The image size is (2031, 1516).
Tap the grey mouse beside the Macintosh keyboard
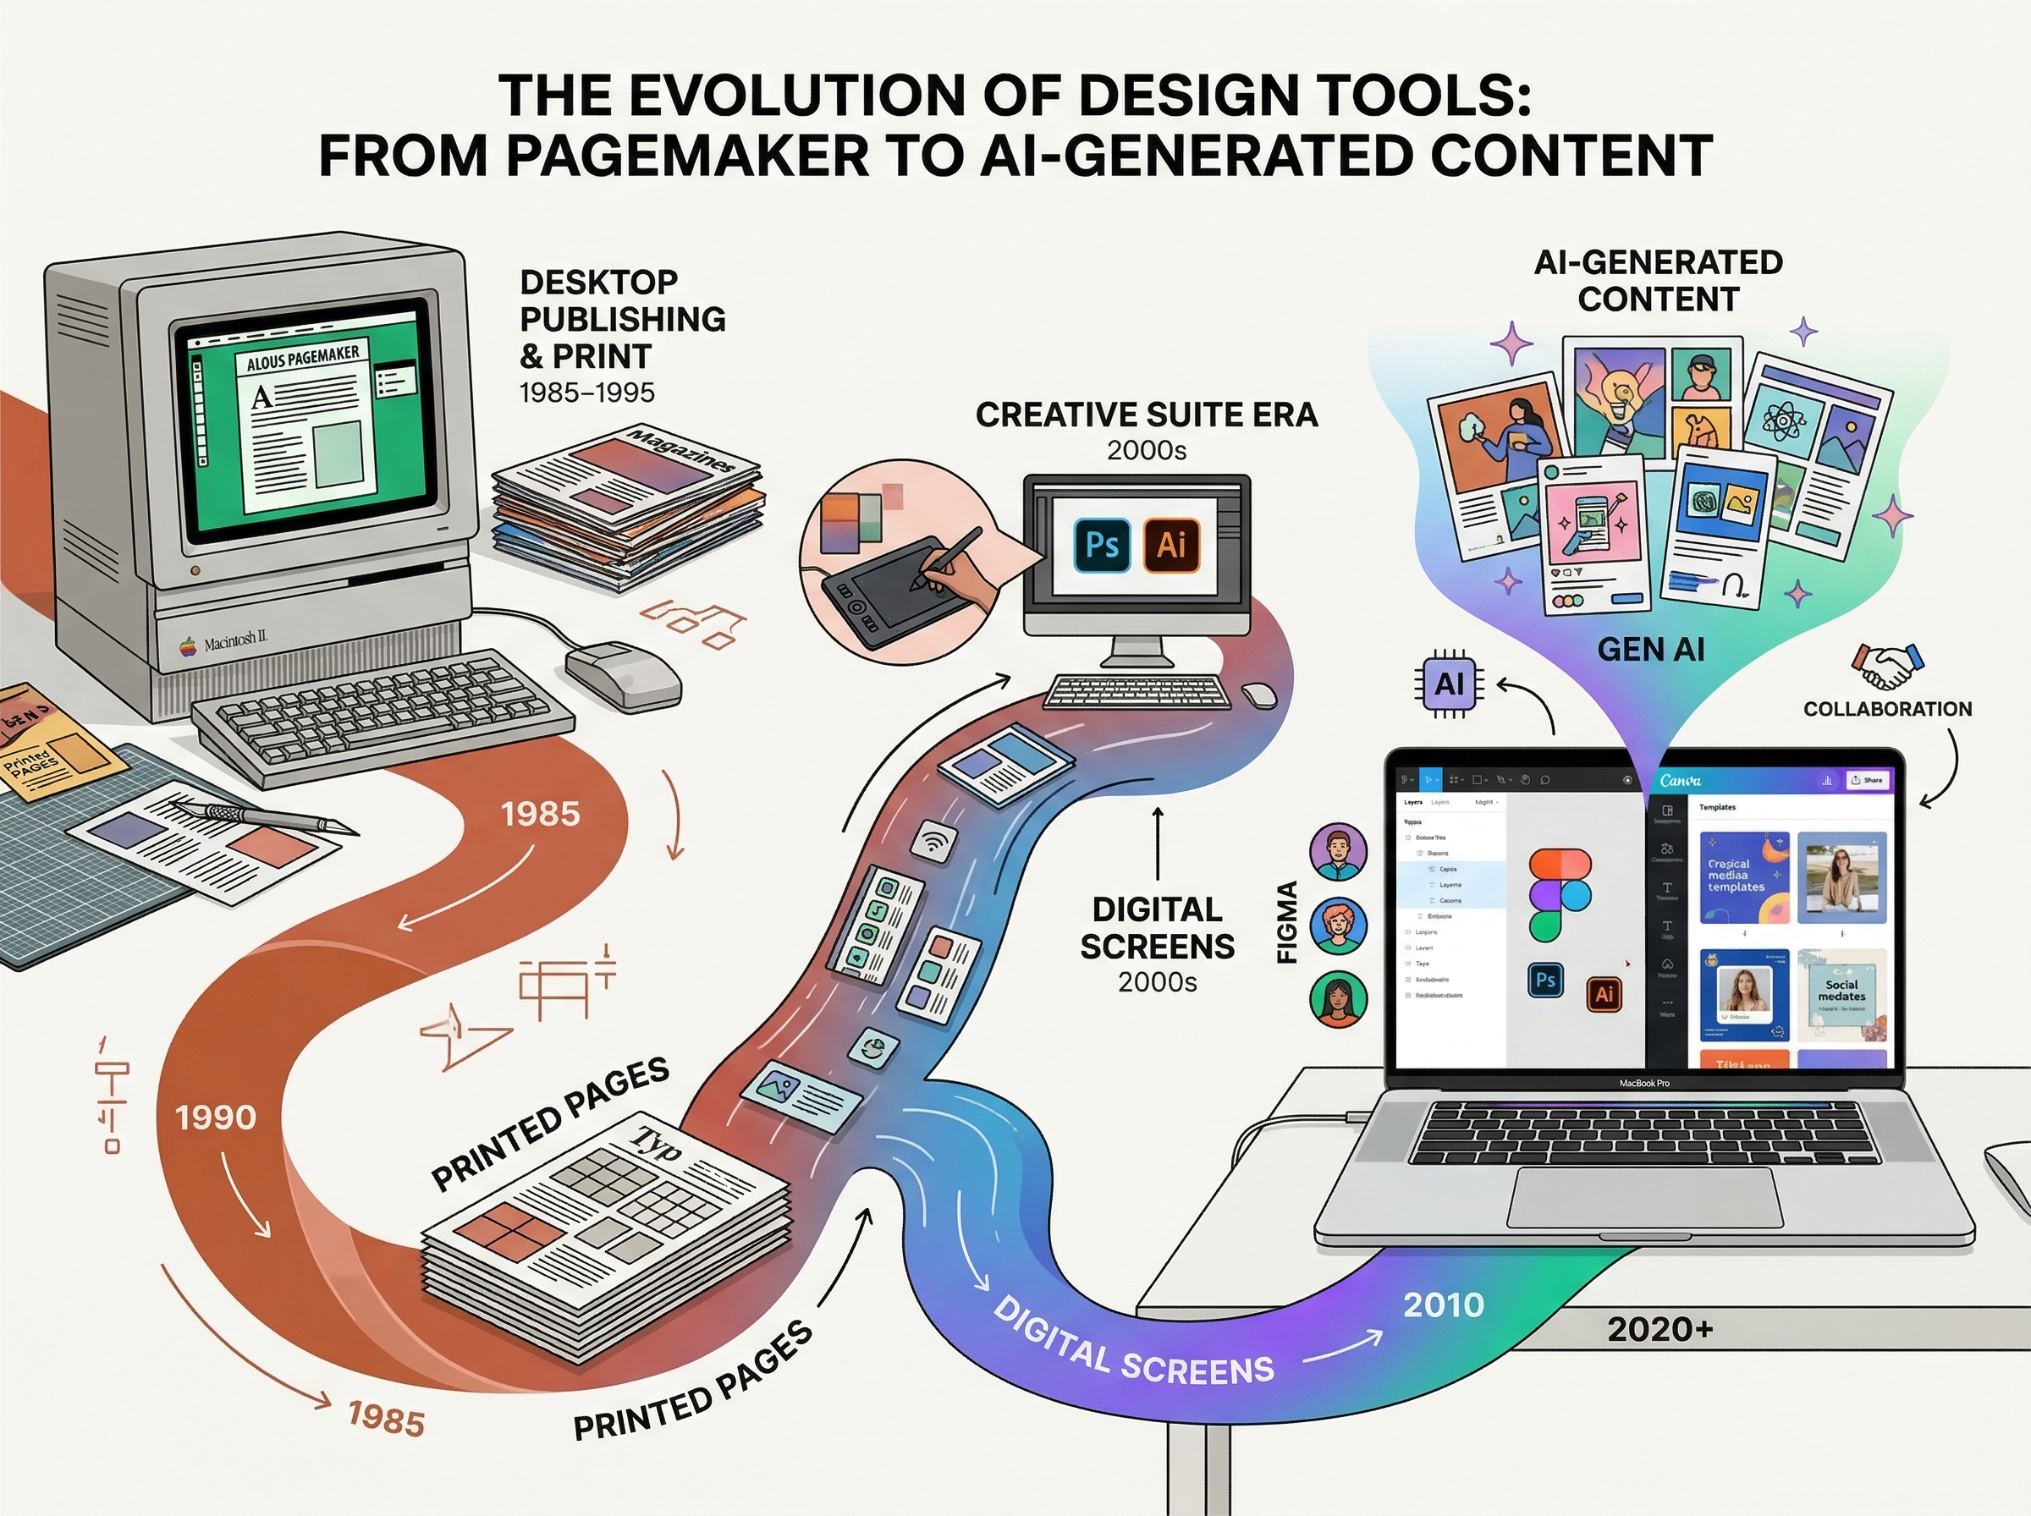(x=623, y=673)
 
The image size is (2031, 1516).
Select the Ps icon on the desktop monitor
(x=1101, y=545)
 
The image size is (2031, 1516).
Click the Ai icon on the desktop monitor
(x=1171, y=545)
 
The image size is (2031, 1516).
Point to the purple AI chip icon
(x=1448, y=684)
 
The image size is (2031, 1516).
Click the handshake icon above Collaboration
(x=1887, y=664)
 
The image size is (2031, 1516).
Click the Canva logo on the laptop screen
(x=1681, y=781)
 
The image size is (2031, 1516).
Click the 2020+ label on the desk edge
(x=1660, y=1329)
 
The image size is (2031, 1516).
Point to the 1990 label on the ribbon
(x=216, y=1118)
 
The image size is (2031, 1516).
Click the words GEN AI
(x=1650, y=650)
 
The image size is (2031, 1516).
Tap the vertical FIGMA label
(x=1288, y=921)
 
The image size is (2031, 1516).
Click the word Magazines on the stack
(x=681, y=450)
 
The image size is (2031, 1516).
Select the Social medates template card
(x=1841, y=995)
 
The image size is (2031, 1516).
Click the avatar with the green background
(x=1338, y=998)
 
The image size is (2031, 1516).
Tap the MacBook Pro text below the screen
(x=1643, y=1084)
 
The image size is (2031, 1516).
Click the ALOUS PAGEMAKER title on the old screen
(x=303, y=358)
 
